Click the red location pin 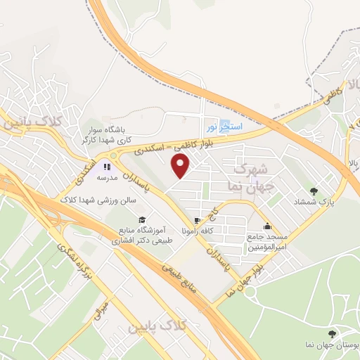click(x=181, y=166)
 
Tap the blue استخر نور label click(x=224, y=127)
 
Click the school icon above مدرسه click(x=107, y=167)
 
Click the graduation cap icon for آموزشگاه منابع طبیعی click(x=143, y=219)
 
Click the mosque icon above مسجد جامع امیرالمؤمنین click(x=266, y=226)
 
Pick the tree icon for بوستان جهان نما click(x=332, y=334)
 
